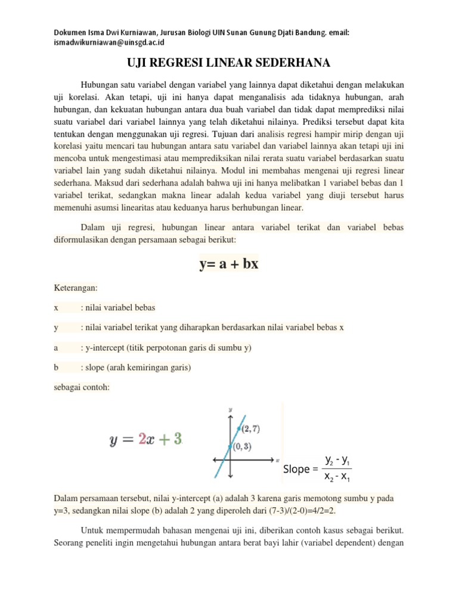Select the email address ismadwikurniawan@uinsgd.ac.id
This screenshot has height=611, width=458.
click(x=109, y=42)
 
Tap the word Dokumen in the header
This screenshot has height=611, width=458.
click(x=71, y=32)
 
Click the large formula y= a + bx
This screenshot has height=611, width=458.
click(x=228, y=264)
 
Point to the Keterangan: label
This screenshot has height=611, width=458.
click(x=76, y=286)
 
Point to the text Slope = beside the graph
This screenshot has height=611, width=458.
click(x=301, y=469)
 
